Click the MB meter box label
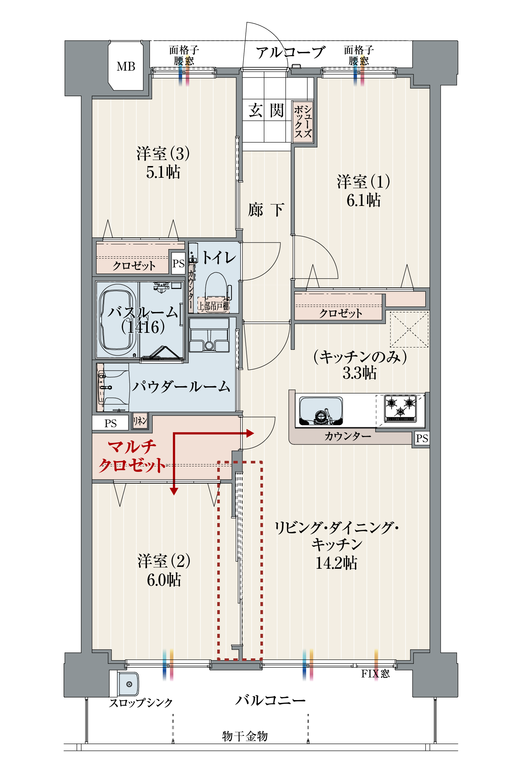(126, 67)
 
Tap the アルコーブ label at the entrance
(290, 53)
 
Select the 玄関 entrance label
(266, 110)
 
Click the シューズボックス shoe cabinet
(303, 122)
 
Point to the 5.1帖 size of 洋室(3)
(163, 172)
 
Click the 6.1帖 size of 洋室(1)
(364, 200)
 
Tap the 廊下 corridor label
(266, 210)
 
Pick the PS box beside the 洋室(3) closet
(178, 263)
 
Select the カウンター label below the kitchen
(347, 436)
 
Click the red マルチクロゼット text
(132, 456)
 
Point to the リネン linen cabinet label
(140, 421)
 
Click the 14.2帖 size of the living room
(336, 563)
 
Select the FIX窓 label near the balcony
(375, 674)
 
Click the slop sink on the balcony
(128, 684)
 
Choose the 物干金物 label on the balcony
(245, 736)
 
